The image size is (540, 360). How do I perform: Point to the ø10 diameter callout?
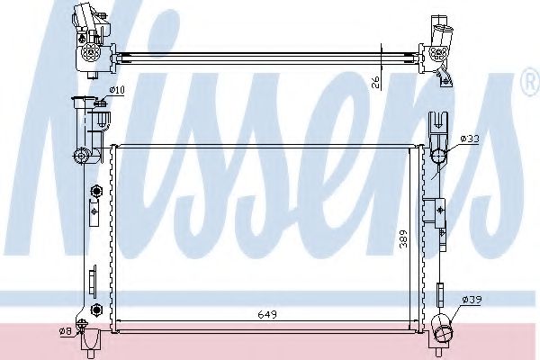[x=115, y=89]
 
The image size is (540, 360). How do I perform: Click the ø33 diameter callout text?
[x=468, y=139]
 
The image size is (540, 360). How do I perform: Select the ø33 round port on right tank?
[x=438, y=158]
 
